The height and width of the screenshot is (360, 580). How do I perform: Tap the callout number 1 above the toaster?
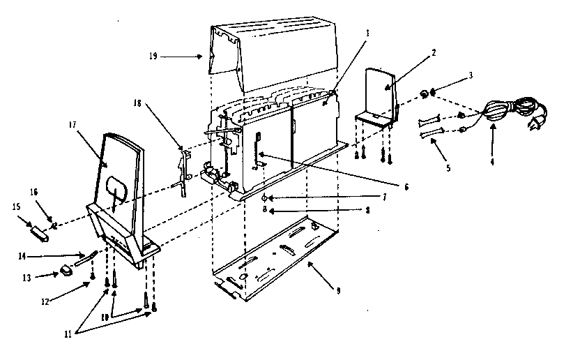click(x=368, y=33)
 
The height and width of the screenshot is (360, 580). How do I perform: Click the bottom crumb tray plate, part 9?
click(x=276, y=262)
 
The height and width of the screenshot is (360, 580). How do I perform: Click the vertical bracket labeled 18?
click(x=183, y=170)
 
